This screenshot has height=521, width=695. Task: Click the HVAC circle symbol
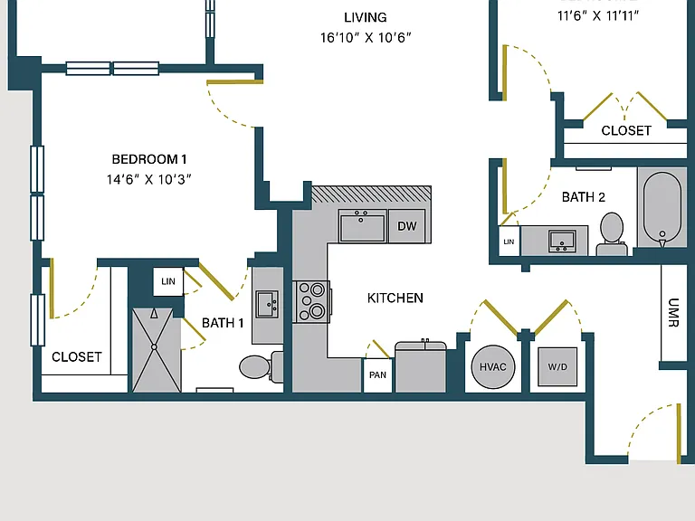point(493,367)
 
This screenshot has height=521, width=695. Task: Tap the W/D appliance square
point(557,367)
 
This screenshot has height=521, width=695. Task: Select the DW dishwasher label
point(407,226)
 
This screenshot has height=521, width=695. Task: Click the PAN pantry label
point(377,374)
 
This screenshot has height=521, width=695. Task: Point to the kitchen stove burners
point(311,301)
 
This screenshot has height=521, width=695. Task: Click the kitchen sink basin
point(362,226)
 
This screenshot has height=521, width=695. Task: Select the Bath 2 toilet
point(612,234)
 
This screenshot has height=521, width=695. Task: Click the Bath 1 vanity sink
point(267,304)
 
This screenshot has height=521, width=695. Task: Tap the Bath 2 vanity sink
point(562,242)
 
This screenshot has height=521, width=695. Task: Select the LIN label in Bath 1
point(168,281)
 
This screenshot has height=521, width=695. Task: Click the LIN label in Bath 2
point(509,242)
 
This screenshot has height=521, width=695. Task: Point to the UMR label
point(673,313)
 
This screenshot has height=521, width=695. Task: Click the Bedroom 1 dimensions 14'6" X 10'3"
point(149,179)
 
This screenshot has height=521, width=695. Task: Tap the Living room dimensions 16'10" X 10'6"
point(366,38)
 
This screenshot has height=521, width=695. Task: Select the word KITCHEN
point(395,298)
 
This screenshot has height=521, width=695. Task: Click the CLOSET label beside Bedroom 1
point(77,357)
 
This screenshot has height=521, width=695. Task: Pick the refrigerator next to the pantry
point(420,367)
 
